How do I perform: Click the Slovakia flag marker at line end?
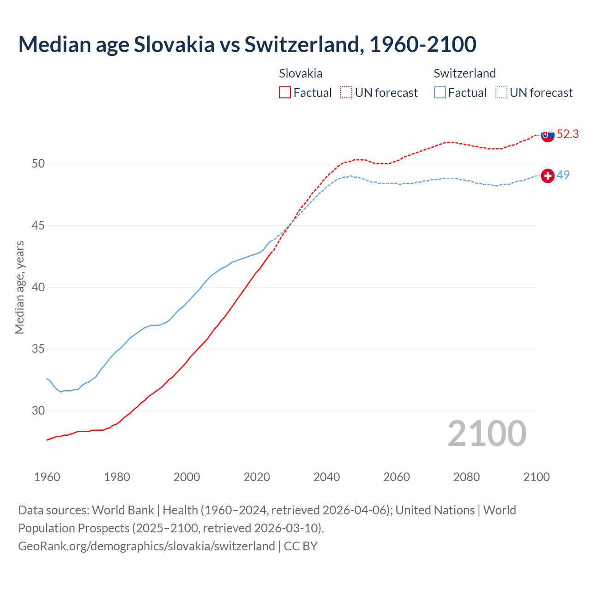pos(547,135)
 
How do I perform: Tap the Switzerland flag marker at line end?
pos(547,176)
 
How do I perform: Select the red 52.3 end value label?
pos(567,134)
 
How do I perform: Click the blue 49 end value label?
pos(563,175)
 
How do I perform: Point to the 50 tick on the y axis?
pos(38,164)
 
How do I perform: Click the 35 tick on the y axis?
pos(38,349)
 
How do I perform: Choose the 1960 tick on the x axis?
pos(47,477)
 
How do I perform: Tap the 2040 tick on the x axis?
pos(326,477)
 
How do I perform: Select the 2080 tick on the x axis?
pos(466,477)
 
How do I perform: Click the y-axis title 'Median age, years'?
pos(19,287)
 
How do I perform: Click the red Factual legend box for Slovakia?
pos(285,92)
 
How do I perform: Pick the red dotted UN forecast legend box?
pos(346,92)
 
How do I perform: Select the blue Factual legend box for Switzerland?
pos(440,92)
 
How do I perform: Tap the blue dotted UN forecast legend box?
pos(501,92)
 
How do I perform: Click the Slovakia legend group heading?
pos(301,73)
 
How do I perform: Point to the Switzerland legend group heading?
pos(464,73)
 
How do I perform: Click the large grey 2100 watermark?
pos(487,434)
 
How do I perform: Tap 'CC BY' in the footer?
pos(301,546)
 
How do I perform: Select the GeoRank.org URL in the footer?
pos(146,546)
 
